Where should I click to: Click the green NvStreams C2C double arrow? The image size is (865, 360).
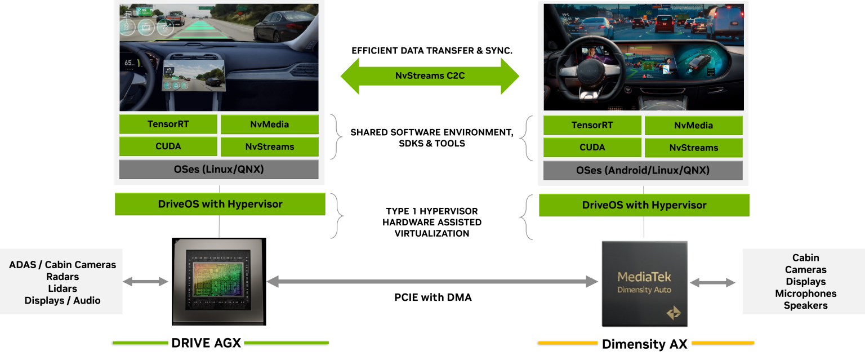pos(430,75)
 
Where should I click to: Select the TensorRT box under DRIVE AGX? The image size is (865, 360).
pos(168,124)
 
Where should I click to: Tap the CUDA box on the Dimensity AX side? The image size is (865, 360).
pos(592,147)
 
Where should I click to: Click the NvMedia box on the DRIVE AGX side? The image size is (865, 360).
pos(270,125)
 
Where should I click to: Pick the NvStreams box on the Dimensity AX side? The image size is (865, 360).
pos(694,148)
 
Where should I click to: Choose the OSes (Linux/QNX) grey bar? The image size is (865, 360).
pos(219,169)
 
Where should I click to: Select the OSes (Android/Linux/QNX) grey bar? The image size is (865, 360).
pos(643,170)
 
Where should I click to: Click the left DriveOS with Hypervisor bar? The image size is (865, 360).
pos(220,204)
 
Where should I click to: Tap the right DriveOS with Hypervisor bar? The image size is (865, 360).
pos(644,205)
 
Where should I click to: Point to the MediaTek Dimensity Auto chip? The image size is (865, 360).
pos(644,284)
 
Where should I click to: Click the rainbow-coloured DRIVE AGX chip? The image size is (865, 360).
pos(219,282)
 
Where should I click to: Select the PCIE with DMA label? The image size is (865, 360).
pos(433,297)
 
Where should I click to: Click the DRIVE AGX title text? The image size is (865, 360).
pos(206,343)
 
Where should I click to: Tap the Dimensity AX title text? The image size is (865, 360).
pos(644,344)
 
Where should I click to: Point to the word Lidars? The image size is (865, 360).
pos(63,288)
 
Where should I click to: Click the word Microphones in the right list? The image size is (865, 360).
pos(805,294)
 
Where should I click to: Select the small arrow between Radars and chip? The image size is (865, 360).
pos(145,282)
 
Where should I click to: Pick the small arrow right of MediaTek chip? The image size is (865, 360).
pos(712,283)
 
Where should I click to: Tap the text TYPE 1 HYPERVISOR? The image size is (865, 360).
pos(432,211)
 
